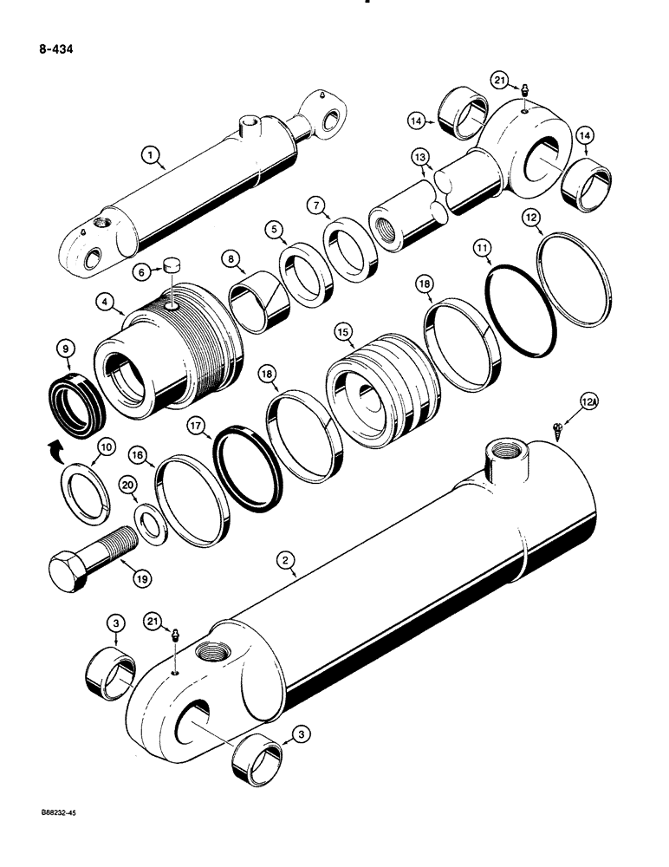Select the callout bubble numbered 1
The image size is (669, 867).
click(153, 156)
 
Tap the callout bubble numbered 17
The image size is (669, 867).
click(194, 427)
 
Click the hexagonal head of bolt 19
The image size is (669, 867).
click(74, 574)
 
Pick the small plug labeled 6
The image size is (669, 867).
click(170, 289)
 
